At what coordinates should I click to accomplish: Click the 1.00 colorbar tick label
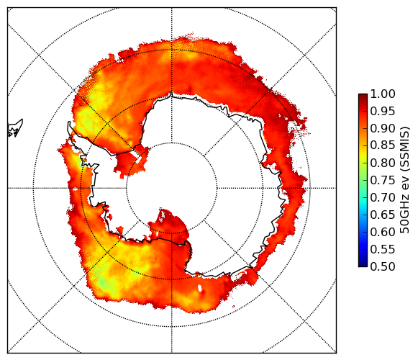pyautogui.click(x=383, y=94)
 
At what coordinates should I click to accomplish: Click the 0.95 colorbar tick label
pyautogui.click(x=383, y=112)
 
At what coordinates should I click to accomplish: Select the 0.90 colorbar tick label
pyautogui.click(x=383, y=128)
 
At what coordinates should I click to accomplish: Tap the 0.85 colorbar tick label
pyautogui.click(x=383, y=145)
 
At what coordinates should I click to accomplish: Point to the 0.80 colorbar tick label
pyautogui.click(x=383, y=163)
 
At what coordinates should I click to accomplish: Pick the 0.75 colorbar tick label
pyautogui.click(x=383, y=180)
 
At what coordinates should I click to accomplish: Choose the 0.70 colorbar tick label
pyautogui.click(x=383, y=197)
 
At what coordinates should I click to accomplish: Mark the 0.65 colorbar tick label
pyautogui.click(x=383, y=215)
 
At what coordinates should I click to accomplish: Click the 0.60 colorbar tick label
pyautogui.click(x=383, y=232)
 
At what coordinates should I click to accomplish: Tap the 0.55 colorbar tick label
pyautogui.click(x=383, y=249)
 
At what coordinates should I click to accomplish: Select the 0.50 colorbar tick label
pyautogui.click(x=383, y=266)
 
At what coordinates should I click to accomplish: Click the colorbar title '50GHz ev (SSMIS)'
pyautogui.click(x=404, y=180)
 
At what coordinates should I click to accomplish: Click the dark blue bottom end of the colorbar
pyautogui.click(x=363, y=264)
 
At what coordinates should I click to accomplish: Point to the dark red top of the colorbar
pyautogui.click(x=363, y=96)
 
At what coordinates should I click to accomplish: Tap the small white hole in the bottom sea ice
pyautogui.click(x=200, y=288)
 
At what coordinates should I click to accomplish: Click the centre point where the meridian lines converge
pyautogui.click(x=172, y=188)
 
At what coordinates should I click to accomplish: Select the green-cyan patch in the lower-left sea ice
pyautogui.click(x=104, y=282)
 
